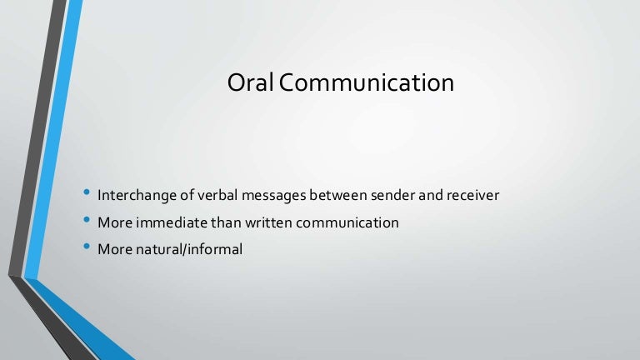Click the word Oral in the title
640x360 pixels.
pyautogui.click(x=247, y=84)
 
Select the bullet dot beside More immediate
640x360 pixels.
pyautogui.click(x=87, y=221)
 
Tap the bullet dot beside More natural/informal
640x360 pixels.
pyautogui.click(x=87, y=246)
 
